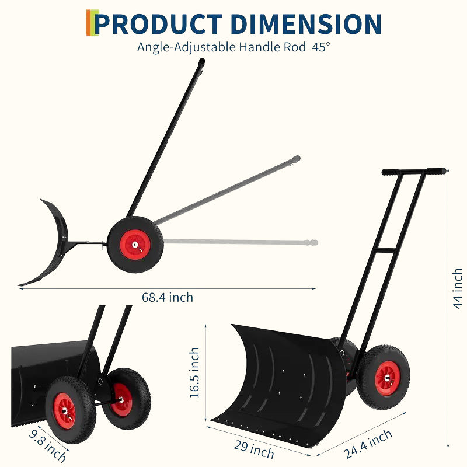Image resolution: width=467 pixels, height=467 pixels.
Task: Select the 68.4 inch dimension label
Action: click(x=167, y=297)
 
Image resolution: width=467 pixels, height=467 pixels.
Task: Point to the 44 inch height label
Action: click(x=458, y=288)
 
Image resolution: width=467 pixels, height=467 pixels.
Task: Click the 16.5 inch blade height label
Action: click(x=194, y=373)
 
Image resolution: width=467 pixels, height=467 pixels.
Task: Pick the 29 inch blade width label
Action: click(x=254, y=449)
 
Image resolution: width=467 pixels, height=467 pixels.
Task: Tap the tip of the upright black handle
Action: click(x=201, y=62)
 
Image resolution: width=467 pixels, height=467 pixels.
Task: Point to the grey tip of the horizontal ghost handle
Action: click(x=314, y=242)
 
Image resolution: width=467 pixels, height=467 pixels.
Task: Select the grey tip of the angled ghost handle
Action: click(x=297, y=159)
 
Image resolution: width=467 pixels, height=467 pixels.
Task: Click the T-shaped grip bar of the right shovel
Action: click(x=414, y=172)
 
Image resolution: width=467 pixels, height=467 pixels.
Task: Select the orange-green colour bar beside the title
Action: click(x=89, y=23)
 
